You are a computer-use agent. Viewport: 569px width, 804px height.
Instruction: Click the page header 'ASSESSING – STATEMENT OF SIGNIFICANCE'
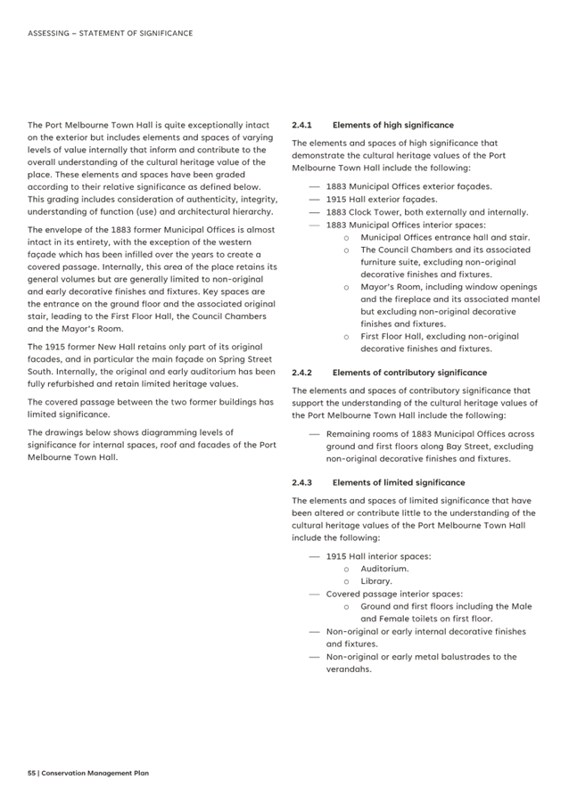pos(110,33)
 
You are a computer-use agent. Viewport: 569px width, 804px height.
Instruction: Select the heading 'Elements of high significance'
pos(392,126)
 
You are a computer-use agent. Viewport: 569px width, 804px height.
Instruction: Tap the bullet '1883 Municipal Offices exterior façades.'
pos(408,187)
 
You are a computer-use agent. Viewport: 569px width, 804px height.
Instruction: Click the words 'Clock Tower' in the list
pos(381,212)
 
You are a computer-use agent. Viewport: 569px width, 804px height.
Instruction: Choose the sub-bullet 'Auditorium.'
pos(384,568)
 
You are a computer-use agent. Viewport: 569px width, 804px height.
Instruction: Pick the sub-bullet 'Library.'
pos(375,580)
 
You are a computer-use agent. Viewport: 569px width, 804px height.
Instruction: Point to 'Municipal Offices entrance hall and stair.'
pos(444,237)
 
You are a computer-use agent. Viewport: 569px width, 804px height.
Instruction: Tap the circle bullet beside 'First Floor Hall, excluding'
pos(345,337)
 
